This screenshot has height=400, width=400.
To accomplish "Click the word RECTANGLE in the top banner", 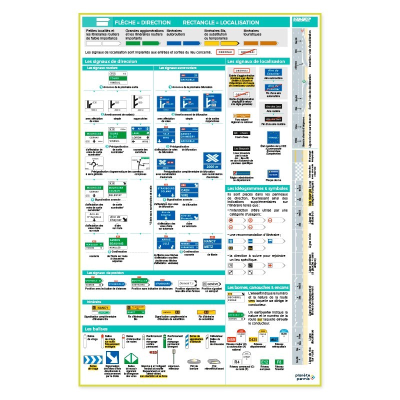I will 201,22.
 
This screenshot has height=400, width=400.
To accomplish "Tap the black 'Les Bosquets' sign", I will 241,148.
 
